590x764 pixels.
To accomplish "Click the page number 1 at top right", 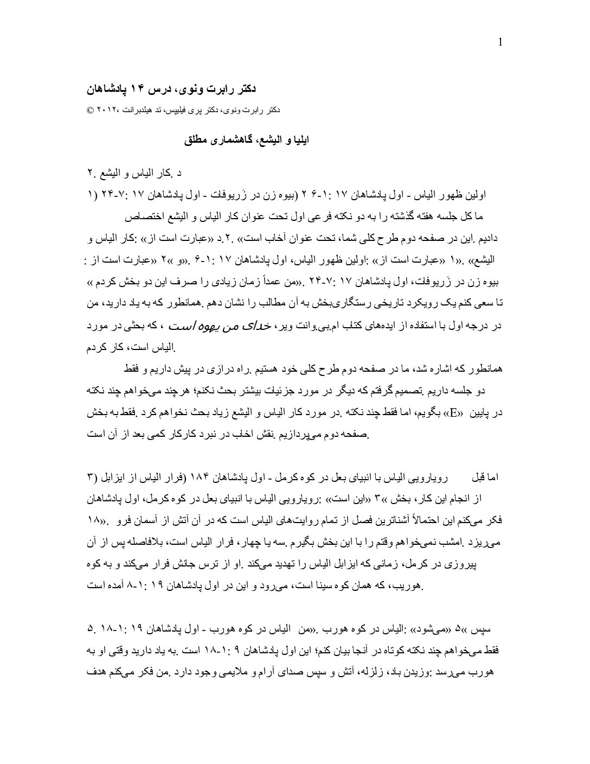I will (x=499, y=43).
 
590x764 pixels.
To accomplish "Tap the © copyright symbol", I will (x=90, y=110).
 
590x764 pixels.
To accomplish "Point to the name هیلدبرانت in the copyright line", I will (x=134, y=110).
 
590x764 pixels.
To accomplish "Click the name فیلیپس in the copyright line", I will (x=179, y=110).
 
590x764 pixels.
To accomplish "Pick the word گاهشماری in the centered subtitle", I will (x=235, y=139).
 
